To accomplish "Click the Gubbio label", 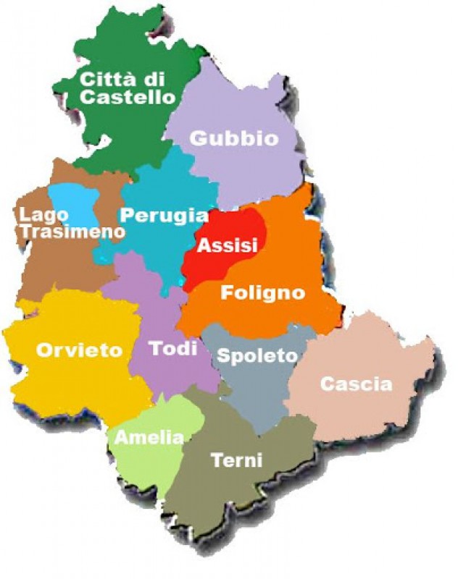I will [233, 138].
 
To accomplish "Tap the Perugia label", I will [164, 215].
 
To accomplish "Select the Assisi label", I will [228, 246].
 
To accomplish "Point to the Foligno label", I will [262, 293].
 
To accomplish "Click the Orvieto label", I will [80, 351].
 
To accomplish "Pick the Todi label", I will [173, 348].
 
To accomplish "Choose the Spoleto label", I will [257, 356].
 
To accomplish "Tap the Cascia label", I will [356, 384].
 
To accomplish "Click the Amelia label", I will [149, 437].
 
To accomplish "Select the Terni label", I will [236, 460].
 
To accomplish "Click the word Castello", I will [128, 97].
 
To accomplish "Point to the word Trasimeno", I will [71, 231].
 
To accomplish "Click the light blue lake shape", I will [72, 199].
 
